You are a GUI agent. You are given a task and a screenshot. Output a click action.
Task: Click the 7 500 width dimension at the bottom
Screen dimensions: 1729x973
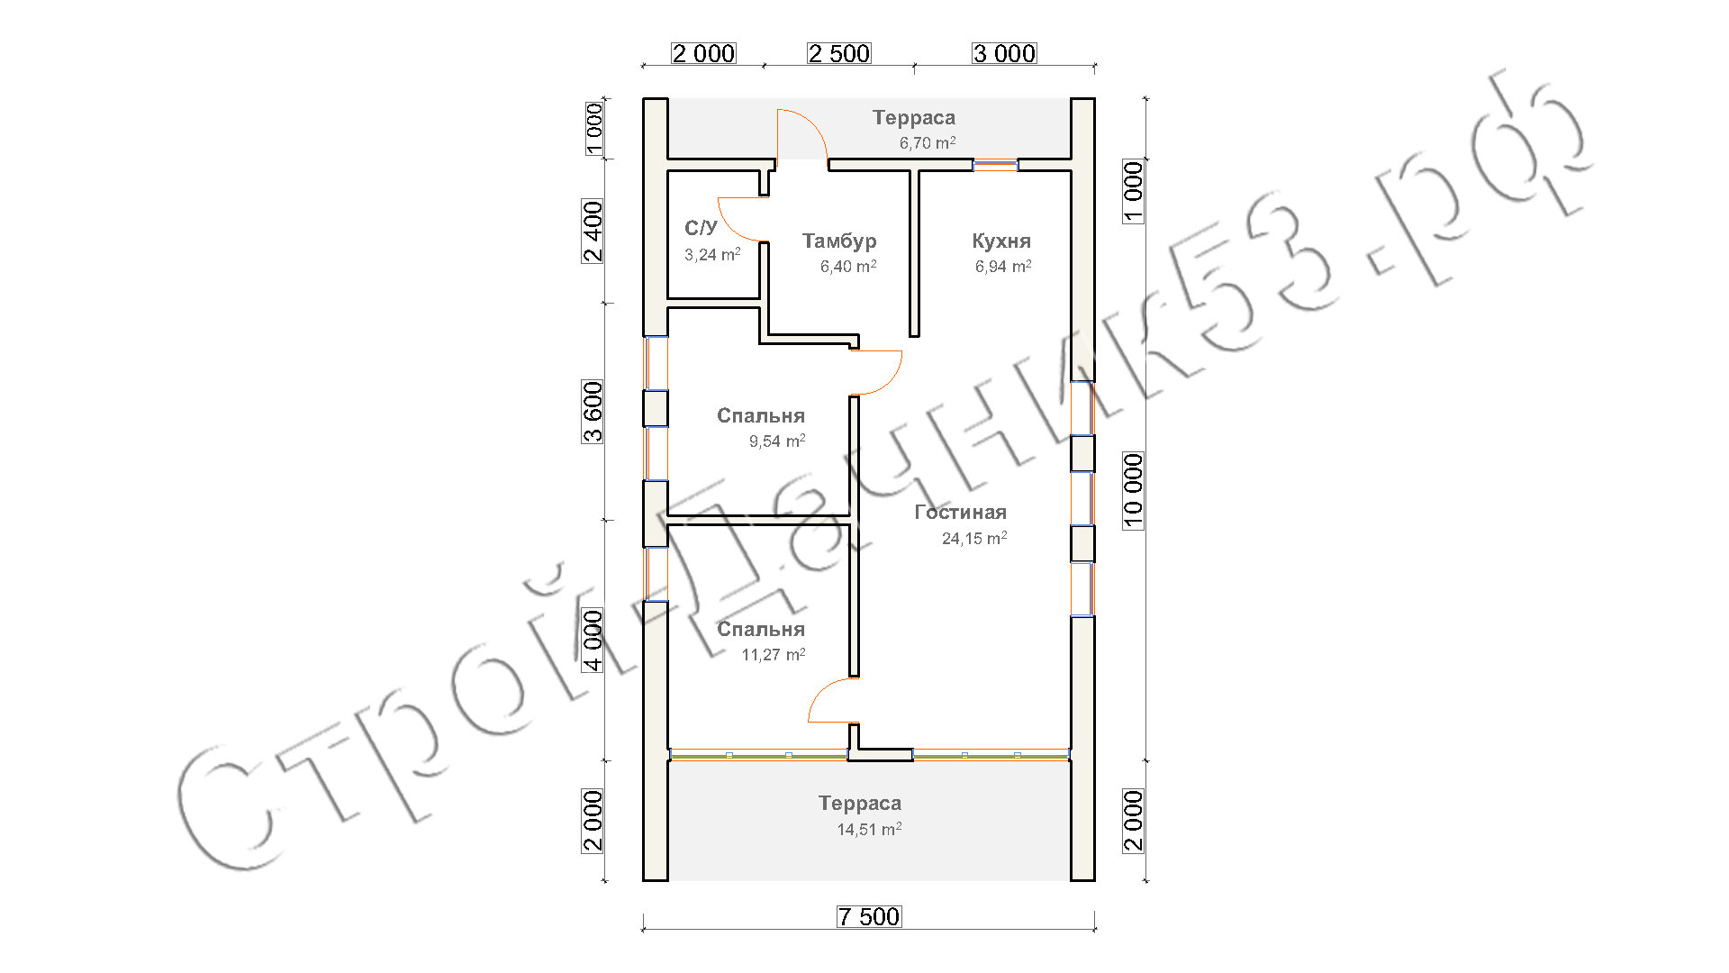[x=869, y=916]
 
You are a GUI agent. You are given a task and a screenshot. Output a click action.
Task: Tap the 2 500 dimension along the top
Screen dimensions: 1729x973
[x=839, y=53]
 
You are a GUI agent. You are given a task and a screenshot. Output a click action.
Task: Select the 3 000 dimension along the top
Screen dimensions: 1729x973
[x=1004, y=53]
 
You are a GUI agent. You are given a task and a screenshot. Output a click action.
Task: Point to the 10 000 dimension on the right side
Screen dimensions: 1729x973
[x=1133, y=490]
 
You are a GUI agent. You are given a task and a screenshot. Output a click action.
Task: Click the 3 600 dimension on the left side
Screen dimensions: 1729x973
[x=593, y=413]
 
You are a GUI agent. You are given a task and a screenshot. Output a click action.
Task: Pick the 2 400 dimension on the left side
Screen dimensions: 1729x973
[x=593, y=232]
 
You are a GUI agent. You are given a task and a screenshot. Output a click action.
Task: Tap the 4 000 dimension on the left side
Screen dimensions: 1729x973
[x=593, y=641]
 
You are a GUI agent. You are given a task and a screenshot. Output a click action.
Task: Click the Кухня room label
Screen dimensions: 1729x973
[x=1001, y=241]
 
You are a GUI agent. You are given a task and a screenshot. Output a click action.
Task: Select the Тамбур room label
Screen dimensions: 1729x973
[x=839, y=241]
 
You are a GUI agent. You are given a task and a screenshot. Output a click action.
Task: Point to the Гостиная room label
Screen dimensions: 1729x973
[x=960, y=512]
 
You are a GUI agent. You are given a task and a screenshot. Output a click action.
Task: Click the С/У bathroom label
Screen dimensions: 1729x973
[x=701, y=228]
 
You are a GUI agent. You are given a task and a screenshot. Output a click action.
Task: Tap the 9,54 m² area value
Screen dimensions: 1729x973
[x=777, y=441]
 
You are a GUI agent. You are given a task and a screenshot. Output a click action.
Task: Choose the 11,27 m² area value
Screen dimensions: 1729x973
[x=774, y=654]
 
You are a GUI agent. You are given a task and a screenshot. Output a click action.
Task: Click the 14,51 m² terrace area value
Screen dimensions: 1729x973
[x=869, y=829]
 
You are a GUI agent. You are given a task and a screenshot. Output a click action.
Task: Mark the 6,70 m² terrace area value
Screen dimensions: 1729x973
[x=928, y=142]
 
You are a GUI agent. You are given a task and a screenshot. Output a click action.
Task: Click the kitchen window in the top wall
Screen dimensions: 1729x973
[x=995, y=164]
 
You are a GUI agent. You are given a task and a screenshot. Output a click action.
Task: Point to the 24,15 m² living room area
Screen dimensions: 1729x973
[x=974, y=538]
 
